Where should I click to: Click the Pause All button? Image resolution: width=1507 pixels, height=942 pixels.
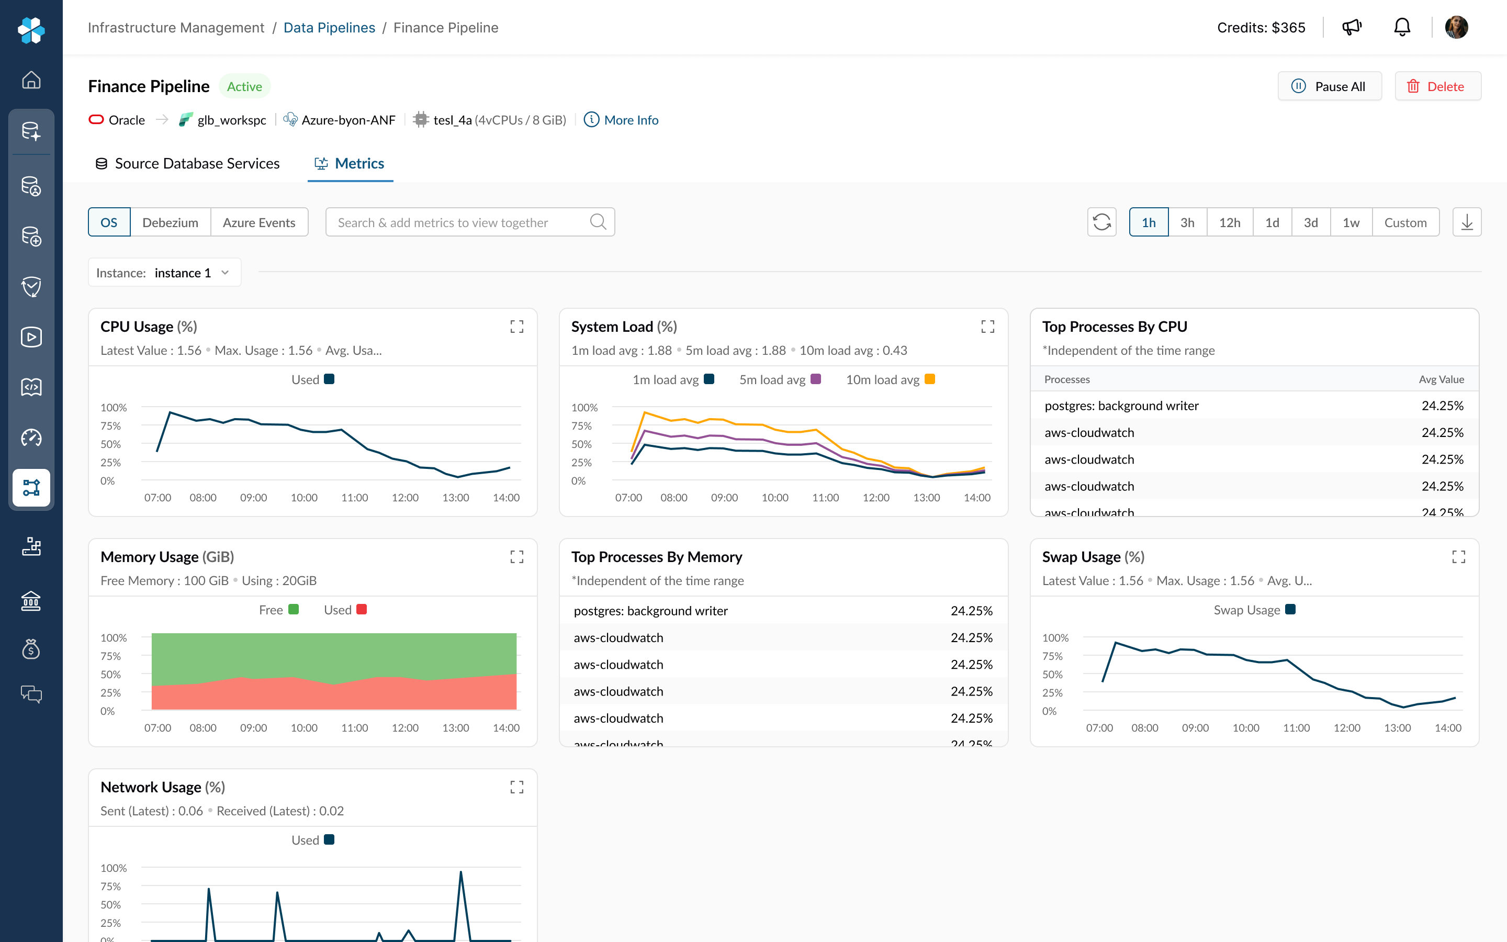(x=1329, y=86)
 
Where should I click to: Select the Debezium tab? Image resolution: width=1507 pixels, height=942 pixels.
(x=170, y=222)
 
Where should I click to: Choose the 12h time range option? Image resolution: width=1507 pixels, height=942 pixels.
(x=1229, y=222)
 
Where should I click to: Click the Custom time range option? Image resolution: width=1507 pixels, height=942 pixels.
(x=1405, y=222)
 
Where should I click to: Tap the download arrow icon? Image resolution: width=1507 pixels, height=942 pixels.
(x=1467, y=222)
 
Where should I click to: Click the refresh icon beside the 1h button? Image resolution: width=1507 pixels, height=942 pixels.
(x=1101, y=222)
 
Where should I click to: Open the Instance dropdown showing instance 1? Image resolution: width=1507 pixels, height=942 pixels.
(x=164, y=273)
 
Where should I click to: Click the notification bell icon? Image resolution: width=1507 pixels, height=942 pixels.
(x=1402, y=27)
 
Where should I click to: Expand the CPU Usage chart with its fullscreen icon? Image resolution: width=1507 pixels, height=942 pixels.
(x=516, y=327)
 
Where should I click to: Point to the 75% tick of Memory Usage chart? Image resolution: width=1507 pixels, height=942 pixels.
(x=111, y=656)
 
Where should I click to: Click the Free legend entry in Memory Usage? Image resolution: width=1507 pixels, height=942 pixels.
(x=278, y=610)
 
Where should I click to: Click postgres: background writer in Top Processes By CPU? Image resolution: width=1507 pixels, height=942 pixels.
(x=1121, y=406)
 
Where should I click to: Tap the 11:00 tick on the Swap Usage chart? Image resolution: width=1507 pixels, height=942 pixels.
(x=1296, y=727)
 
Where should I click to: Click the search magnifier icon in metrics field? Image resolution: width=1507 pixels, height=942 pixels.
(x=598, y=222)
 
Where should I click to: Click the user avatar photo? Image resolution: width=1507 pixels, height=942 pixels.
(x=1456, y=27)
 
